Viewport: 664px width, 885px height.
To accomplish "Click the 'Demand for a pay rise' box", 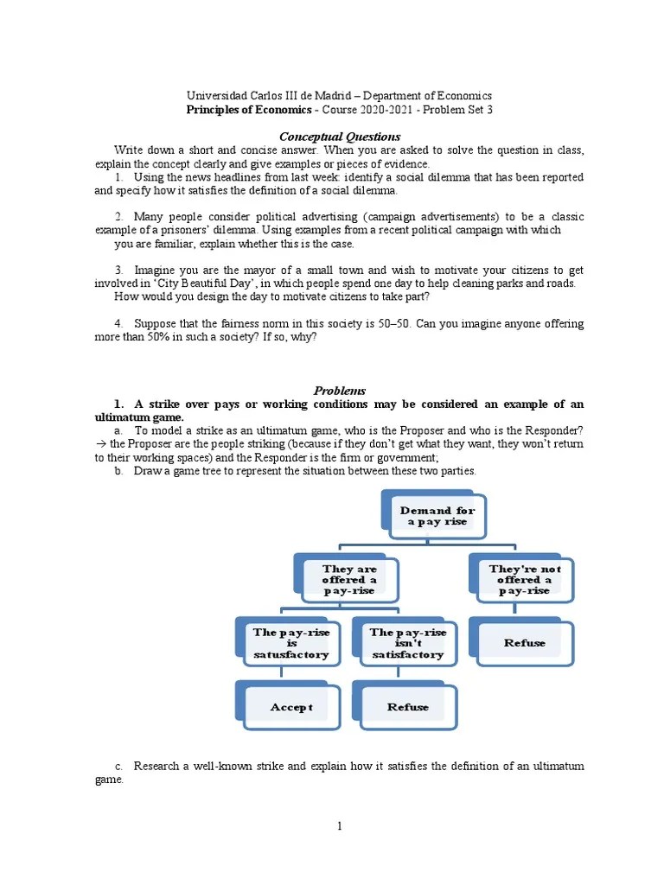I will pos(437,517).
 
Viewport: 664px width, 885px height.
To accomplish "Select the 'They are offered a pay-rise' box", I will pos(349,580).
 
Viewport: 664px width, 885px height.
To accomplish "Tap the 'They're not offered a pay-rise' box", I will pos(525,580).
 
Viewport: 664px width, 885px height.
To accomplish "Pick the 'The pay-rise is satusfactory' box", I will pos(290,644).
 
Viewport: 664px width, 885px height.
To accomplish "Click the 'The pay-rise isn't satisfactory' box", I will pos(407,644).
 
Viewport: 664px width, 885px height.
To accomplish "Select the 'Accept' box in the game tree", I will pos(290,707).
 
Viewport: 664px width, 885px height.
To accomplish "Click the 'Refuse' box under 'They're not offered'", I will pos(525,643).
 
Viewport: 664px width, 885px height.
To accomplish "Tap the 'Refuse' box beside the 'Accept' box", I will pos(407,707).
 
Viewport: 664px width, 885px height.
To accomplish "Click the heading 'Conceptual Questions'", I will pos(339,137).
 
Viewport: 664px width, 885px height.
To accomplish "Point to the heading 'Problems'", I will pos(339,391).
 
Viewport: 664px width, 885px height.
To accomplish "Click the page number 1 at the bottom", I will pos(340,825).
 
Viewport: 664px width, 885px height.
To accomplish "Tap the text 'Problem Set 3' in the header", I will pos(456,111).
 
